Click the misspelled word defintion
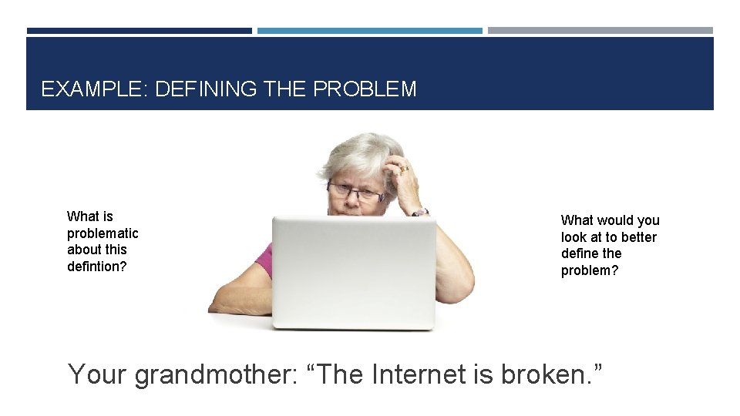(96, 267)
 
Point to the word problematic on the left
(103, 233)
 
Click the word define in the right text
(580, 253)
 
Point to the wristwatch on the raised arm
(419, 212)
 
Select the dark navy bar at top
(139, 31)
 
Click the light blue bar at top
(369, 31)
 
